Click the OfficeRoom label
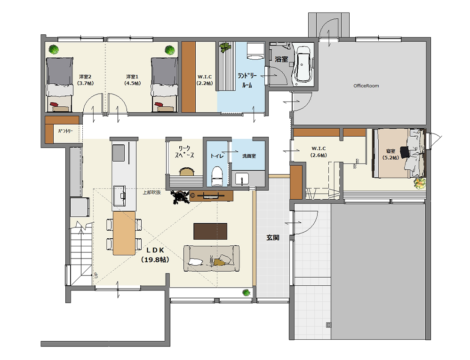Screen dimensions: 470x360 pos(366,86)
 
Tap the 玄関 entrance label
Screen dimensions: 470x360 pos(273,237)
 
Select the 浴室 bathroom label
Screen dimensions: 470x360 pos(281,59)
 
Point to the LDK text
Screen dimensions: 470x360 pos(155,250)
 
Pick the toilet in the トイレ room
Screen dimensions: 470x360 pos(217,176)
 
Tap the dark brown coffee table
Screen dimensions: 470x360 pos(210,231)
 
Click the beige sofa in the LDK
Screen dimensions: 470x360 pos(212,258)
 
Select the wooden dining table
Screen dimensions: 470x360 pos(124,233)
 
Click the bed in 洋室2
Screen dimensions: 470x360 pos(59,85)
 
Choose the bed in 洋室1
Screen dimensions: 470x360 pos(164,85)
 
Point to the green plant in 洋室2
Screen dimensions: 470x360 pos(54,49)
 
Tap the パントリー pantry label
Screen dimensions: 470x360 pos(65,131)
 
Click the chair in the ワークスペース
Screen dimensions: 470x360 pos(187,172)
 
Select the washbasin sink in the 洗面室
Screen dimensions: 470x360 pos(242,179)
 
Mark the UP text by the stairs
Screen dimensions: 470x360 pos(96,275)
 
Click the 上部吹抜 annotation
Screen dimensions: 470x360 pos(151,192)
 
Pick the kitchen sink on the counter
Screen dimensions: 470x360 pos(119,196)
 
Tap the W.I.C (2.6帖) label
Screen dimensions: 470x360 pos(319,151)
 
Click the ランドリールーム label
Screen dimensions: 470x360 pos(247,80)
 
